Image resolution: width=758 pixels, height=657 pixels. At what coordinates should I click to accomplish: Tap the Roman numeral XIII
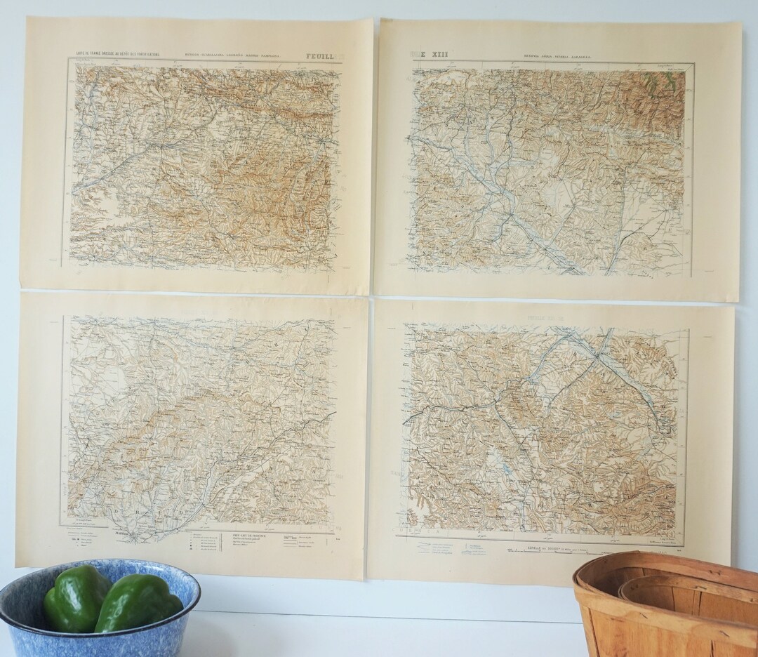(x=435, y=53)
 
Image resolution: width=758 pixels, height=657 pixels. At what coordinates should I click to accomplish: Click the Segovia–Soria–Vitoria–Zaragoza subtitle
(x=559, y=55)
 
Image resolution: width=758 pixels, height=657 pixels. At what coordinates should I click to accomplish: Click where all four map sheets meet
(x=371, y=295)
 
